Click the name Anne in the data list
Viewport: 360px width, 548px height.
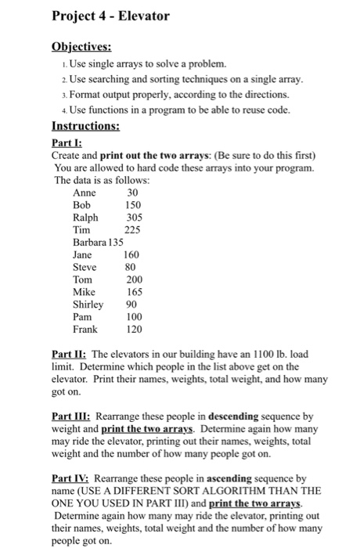(84, 193)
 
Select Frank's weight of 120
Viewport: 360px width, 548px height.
(135, 329)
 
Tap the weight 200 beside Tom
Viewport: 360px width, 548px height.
(135, 279)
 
